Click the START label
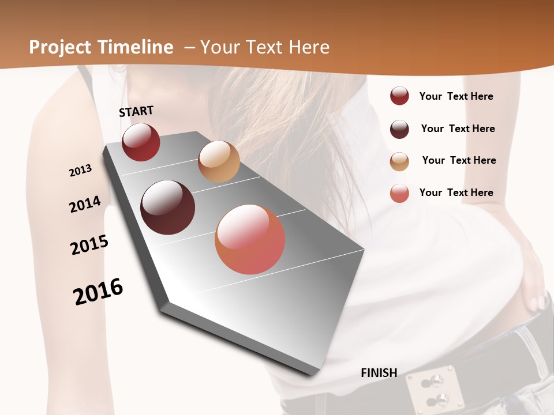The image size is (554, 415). click(x=136, y=111)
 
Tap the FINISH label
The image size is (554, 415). click(x=379, y=373)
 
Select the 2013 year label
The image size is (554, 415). click(x=80, y=171)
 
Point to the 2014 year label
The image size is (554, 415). click(x=85, y=204)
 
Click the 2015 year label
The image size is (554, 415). click(x=89, y=244)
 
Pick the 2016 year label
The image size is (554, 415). click(x=98, y=291)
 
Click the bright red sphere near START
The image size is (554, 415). click(x=141, y=142)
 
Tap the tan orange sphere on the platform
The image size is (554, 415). click(x=219, y=161)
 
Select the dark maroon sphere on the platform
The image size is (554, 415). click(x=168, y=207)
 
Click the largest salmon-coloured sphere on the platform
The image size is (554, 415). click(x=250, y=239)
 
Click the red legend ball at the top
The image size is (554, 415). click(x=399, y=96)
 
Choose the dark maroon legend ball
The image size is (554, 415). click(x=399, y=129)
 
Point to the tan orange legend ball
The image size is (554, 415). click(x=399, y=161)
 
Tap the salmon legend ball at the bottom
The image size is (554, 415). click(x=399, y=193)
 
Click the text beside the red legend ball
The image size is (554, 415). click(x=456, y=96)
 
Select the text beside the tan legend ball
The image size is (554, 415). click(x=459, y=160)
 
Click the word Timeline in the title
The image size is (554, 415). click(x=136, y=47)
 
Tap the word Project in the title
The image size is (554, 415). click(x=61, y=47)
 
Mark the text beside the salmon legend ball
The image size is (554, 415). click(x=456, y=193)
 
